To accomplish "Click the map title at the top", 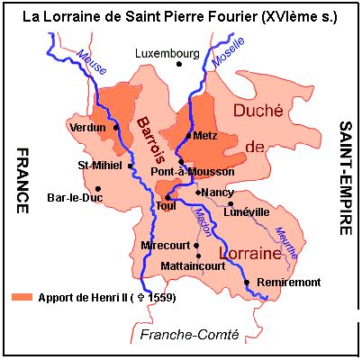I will (180, 15).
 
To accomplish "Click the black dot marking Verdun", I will (116, 127).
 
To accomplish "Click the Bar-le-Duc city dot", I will (96, 188).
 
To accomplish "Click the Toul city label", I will (167, 206).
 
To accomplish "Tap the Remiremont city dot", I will (247, 283).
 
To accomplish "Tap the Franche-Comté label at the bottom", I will (189, 335).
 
